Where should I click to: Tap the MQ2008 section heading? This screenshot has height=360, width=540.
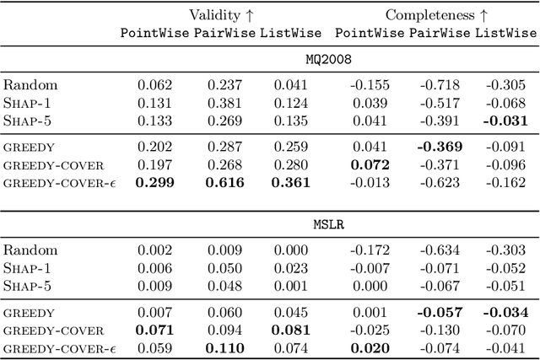[x=329, y=62]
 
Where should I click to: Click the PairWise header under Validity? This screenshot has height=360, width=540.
[x=224, y=33]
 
